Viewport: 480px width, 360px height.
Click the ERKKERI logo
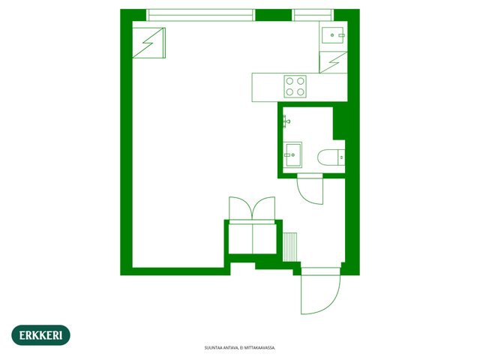pyautogui.click(x=40, y=335)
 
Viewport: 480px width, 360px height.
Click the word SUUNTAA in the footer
pyautogui.click(x=211, y=348)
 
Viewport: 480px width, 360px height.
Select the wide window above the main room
pyautogui.click(x=200, y=15)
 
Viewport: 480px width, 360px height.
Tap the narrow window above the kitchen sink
pyautogui.click(x=313, y=15)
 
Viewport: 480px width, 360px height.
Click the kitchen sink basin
pyautogui.click(x=332, y=35)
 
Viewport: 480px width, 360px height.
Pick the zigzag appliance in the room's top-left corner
pyautogui.click(x=149, y=43)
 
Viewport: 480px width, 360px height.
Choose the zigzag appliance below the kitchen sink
pyautogui.click(x=333, y=62)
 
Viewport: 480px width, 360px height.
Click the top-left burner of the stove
pyautogui.click(x=289, y=81)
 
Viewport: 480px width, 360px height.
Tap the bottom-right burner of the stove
pyautogui.click(x=301, y=91)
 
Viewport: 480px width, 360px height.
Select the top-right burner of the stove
pyautogui.click(x=301, y=81)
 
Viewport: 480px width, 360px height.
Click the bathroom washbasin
pyautogui.click(x=292, y=155)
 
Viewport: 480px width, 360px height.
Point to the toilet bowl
pyautogui.click(x=327, y=157)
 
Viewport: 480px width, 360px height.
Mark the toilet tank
pyautogui.click(x=341, y=157)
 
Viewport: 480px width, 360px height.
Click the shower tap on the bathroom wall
pyautogui.click(x=286, y=121)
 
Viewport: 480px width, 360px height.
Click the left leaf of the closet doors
pyautogui.click(x=241, y=208)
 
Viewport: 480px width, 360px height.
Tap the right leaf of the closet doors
pyautogui.click(x=263, y=208)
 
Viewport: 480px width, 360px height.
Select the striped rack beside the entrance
pyautogui.click(x=289, y=247)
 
